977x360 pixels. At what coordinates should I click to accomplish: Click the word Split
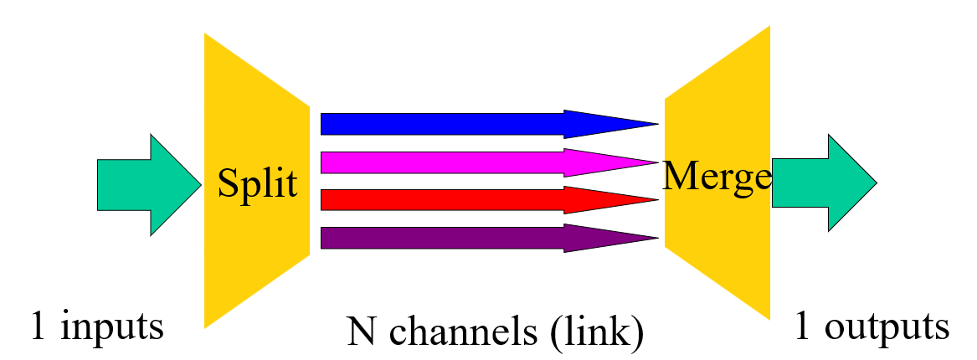click(257, 183)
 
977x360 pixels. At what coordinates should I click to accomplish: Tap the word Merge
click(717, 176)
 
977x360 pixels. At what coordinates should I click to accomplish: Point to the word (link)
click(597, 332)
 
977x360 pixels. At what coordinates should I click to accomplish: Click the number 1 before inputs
click(38, 325)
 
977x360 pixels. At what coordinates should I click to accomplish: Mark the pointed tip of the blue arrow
click(656, 124)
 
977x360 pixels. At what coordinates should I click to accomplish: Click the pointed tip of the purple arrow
click(656, 239)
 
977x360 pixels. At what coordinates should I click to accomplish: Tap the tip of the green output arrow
click(874, 183)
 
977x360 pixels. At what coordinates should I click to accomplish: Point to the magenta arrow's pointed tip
click(656, 162)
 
